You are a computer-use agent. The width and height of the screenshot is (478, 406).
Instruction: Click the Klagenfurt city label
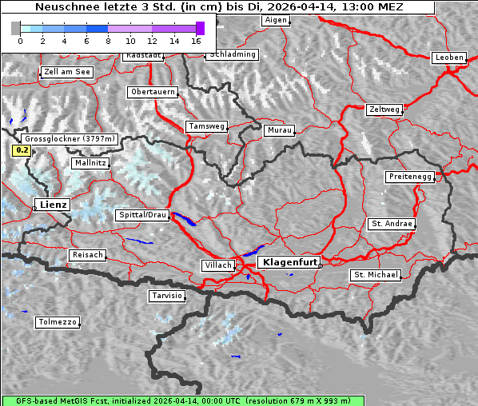(290, 261)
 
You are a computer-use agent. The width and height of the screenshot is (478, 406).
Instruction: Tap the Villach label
(217, 265)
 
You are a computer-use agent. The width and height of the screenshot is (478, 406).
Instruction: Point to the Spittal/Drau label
(143, 215)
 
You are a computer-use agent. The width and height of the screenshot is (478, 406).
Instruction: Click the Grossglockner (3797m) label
(70, 138)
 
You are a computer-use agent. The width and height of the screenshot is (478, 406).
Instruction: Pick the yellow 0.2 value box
(22, 150)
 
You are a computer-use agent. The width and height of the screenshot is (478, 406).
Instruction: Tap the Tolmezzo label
(57, 323)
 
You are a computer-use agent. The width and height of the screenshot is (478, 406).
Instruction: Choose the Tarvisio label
(167, 296)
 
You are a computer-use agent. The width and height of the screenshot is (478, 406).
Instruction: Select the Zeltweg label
(384, 109)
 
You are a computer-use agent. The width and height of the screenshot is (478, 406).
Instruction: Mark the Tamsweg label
(207, 126)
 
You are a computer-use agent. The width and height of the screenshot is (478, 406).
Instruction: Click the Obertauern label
(152, 92)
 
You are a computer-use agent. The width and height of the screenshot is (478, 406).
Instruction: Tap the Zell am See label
(67, 72)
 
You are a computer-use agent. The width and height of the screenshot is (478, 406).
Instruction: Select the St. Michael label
(376, 275)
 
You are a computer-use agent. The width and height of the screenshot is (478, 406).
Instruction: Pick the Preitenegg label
(410, 176)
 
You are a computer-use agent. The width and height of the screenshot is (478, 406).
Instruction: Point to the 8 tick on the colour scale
(108, 40)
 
